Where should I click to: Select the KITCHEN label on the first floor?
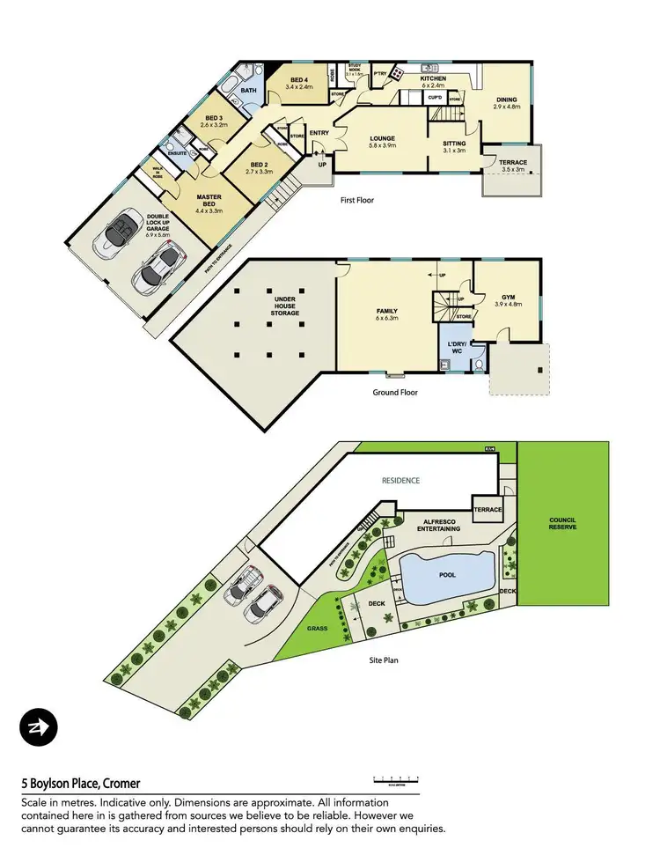click(x=432, y=79)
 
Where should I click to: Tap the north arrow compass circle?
click(x=38, y=727)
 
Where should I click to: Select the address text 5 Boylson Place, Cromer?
click(x=80, y=783)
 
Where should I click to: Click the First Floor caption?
click(x=357, y=201)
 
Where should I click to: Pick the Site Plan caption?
click(x=384, y=659)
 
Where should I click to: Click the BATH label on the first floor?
click(x=249, y=91)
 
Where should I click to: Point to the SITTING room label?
click(x=454, y=144)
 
